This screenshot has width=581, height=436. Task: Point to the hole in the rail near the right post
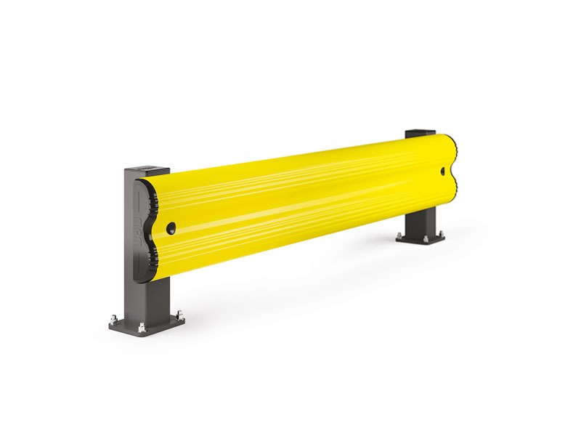coord(443,171)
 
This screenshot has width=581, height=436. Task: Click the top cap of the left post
coord(147,171)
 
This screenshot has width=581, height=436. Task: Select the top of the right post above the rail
coord(419,133)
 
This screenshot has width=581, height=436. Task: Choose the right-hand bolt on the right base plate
coord(439,233)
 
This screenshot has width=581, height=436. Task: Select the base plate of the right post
coord(420,236)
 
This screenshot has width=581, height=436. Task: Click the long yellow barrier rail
coord(305,200)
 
